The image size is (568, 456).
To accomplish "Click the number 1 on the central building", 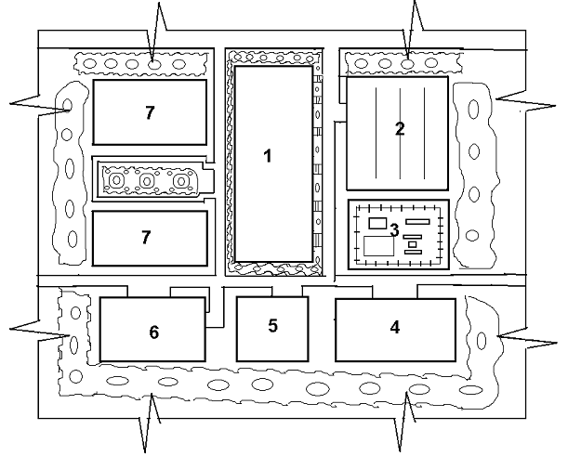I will click(268, 156).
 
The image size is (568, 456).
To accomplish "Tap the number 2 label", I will click(400, 129).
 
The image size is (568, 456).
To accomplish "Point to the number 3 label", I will click(394, 229).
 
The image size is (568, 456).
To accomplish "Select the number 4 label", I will click(395, 327).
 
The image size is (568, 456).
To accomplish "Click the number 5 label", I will click(272, 326).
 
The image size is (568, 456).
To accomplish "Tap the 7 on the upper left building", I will click(149, 112).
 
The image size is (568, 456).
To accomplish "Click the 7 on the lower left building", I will click(146, 238).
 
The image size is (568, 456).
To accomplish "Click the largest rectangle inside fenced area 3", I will click(378, 247).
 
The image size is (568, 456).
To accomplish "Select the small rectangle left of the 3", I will click(377, 224).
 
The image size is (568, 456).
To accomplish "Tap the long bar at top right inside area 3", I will click(417, 222).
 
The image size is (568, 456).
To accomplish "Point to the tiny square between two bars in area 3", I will click(412, 244).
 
